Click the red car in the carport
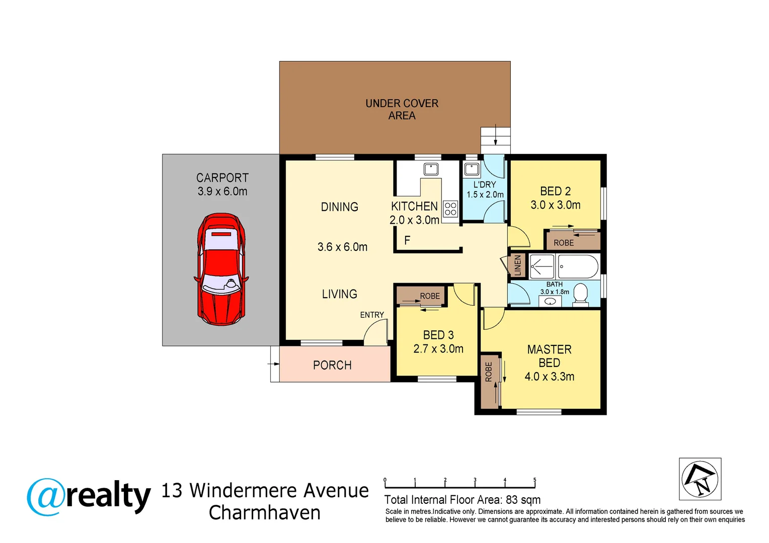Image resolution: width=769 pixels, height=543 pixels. (x=221, y=269)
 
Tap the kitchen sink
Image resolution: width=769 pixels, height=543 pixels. (x=431, y=168)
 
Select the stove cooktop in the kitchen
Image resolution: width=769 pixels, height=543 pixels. (x=450, y=209)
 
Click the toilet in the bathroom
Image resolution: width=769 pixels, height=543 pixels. (x=580, y=295)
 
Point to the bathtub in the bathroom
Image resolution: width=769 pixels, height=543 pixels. (x=578, y=266)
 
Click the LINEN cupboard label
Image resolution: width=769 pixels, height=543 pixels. (x=517, y=265)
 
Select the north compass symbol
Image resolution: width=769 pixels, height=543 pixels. (x=700, y=479)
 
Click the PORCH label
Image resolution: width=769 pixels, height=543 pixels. (x=332, y=366)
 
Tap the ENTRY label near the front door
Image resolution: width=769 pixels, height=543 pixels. (x=372, y=315)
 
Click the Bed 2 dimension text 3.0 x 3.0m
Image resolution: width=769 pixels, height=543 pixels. (x=555, y=205)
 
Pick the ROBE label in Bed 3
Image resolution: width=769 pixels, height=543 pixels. (x=430, y=296)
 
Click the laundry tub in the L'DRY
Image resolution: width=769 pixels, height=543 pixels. (x=472, y=168)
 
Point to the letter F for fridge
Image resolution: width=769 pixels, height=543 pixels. (x=407, y=240)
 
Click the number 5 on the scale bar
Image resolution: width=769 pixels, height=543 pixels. (x=534, y=480)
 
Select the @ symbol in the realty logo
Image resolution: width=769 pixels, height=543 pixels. (x=46, y=497)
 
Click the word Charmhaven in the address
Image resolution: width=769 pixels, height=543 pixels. (x=265, y=513)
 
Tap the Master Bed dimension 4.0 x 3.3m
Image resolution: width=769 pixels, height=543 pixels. (x=549, y=377)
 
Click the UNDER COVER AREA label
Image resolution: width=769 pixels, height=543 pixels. (x=402, y=109)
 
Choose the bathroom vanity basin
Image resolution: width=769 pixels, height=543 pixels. (x=551, y=302)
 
